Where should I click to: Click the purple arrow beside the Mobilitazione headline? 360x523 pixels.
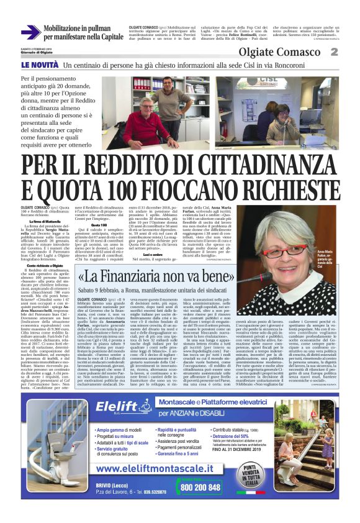[x=30, y=32]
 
